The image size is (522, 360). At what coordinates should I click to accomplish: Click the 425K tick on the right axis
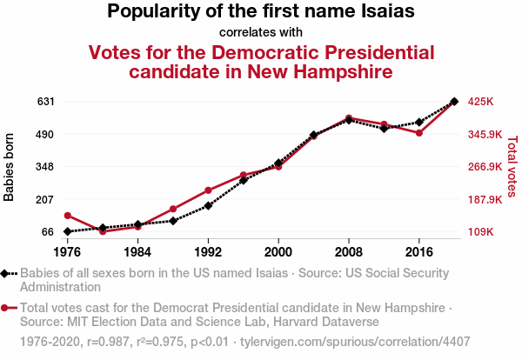481,102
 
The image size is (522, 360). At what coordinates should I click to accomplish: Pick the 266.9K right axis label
485,167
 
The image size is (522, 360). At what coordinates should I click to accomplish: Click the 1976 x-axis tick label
68,252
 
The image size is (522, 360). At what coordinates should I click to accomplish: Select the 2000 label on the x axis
278,252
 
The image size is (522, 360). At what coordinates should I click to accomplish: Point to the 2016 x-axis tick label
419,252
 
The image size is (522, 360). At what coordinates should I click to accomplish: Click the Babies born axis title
10,167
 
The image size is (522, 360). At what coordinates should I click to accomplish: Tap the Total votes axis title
512,167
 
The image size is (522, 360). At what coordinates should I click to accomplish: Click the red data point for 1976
68,216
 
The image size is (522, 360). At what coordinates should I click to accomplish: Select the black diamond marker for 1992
208,206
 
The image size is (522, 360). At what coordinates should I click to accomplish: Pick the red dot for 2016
419,133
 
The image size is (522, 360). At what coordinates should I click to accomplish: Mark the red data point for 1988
173,209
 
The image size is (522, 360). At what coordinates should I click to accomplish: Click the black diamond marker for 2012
384,128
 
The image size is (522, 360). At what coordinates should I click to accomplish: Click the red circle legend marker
6,308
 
